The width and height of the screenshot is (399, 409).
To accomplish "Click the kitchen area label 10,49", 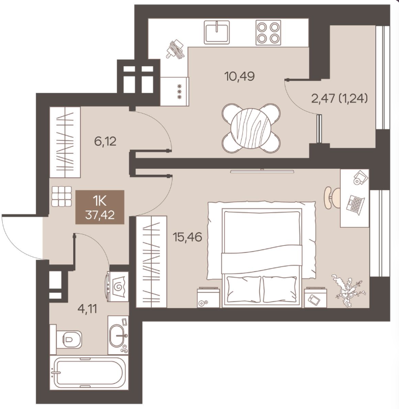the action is pyautogui.click(x=240, y=76).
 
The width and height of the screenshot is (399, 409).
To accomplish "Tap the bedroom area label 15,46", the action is pyautogui.click(x=188, y=237).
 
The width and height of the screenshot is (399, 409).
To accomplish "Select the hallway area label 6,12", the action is pyautogui.click(x=105, y=141).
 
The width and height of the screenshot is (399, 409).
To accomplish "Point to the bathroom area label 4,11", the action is pyautogui.click(x=88, y=309).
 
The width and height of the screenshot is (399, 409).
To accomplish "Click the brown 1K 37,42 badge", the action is pyautogui.click(x=100, y=207).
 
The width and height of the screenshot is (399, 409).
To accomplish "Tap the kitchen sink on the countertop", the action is pyautogui.click(x=217, y=32).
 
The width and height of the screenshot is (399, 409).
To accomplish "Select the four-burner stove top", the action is pyautogui.click(x=268, y=32).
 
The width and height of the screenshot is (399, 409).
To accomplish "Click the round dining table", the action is pyautogui.click(x=251, y=128).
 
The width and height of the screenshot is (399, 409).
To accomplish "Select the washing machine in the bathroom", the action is pyautogui.click(x=117, y=286).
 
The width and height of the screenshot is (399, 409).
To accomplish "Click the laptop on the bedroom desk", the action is pyautogui.click(x=355, y=205).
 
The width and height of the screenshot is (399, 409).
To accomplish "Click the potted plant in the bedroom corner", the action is pyautogui.click(x=347, y=290).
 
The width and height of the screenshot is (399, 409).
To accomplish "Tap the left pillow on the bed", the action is pyautogui.click(x=244, y=289).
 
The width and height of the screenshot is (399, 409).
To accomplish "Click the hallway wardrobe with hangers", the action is pyautogui.click(x=65, y=142).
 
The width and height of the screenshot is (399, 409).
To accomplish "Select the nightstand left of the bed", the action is pyautogui.click(x=208, y=297).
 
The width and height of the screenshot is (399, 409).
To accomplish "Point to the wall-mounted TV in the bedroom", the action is pyautogui.click(x=263, y=171).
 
